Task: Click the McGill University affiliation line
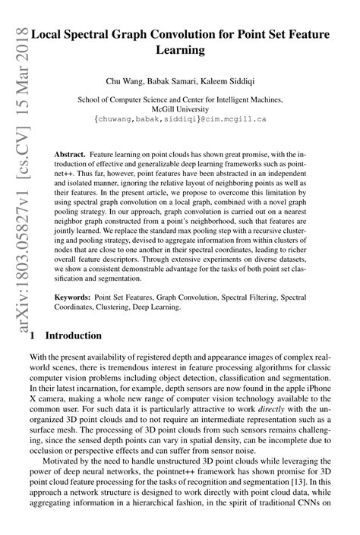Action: click(x=180, y=109)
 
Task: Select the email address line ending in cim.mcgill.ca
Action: click(x=180, y=119)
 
